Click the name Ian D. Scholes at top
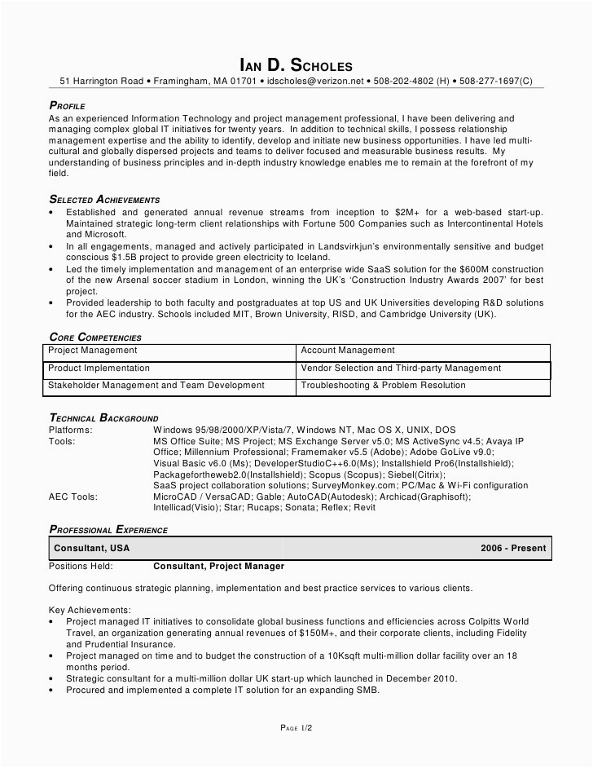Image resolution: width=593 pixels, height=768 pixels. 296,64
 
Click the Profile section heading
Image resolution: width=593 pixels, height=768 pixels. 67,106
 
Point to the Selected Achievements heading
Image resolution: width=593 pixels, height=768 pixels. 104,199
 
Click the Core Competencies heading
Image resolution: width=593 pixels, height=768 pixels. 95,337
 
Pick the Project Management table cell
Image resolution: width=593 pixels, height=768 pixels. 93,351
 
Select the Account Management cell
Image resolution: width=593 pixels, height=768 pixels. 348,351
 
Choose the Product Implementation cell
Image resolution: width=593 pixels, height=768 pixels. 99,369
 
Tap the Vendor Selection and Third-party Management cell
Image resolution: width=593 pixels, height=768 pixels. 399,369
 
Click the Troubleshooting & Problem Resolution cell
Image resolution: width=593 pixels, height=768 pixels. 383,386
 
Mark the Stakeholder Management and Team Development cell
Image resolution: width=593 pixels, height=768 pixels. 144,386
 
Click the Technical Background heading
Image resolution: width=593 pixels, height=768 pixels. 103,418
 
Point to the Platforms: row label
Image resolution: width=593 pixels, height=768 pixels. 71,430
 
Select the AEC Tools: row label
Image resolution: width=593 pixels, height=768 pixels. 73,496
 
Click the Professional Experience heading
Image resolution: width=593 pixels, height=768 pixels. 108,530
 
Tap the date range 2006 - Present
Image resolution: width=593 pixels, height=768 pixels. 513,549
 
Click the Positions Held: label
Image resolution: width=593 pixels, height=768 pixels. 81,566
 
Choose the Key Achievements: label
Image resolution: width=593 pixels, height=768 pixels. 90,610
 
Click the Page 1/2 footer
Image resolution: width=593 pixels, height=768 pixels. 296,727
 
